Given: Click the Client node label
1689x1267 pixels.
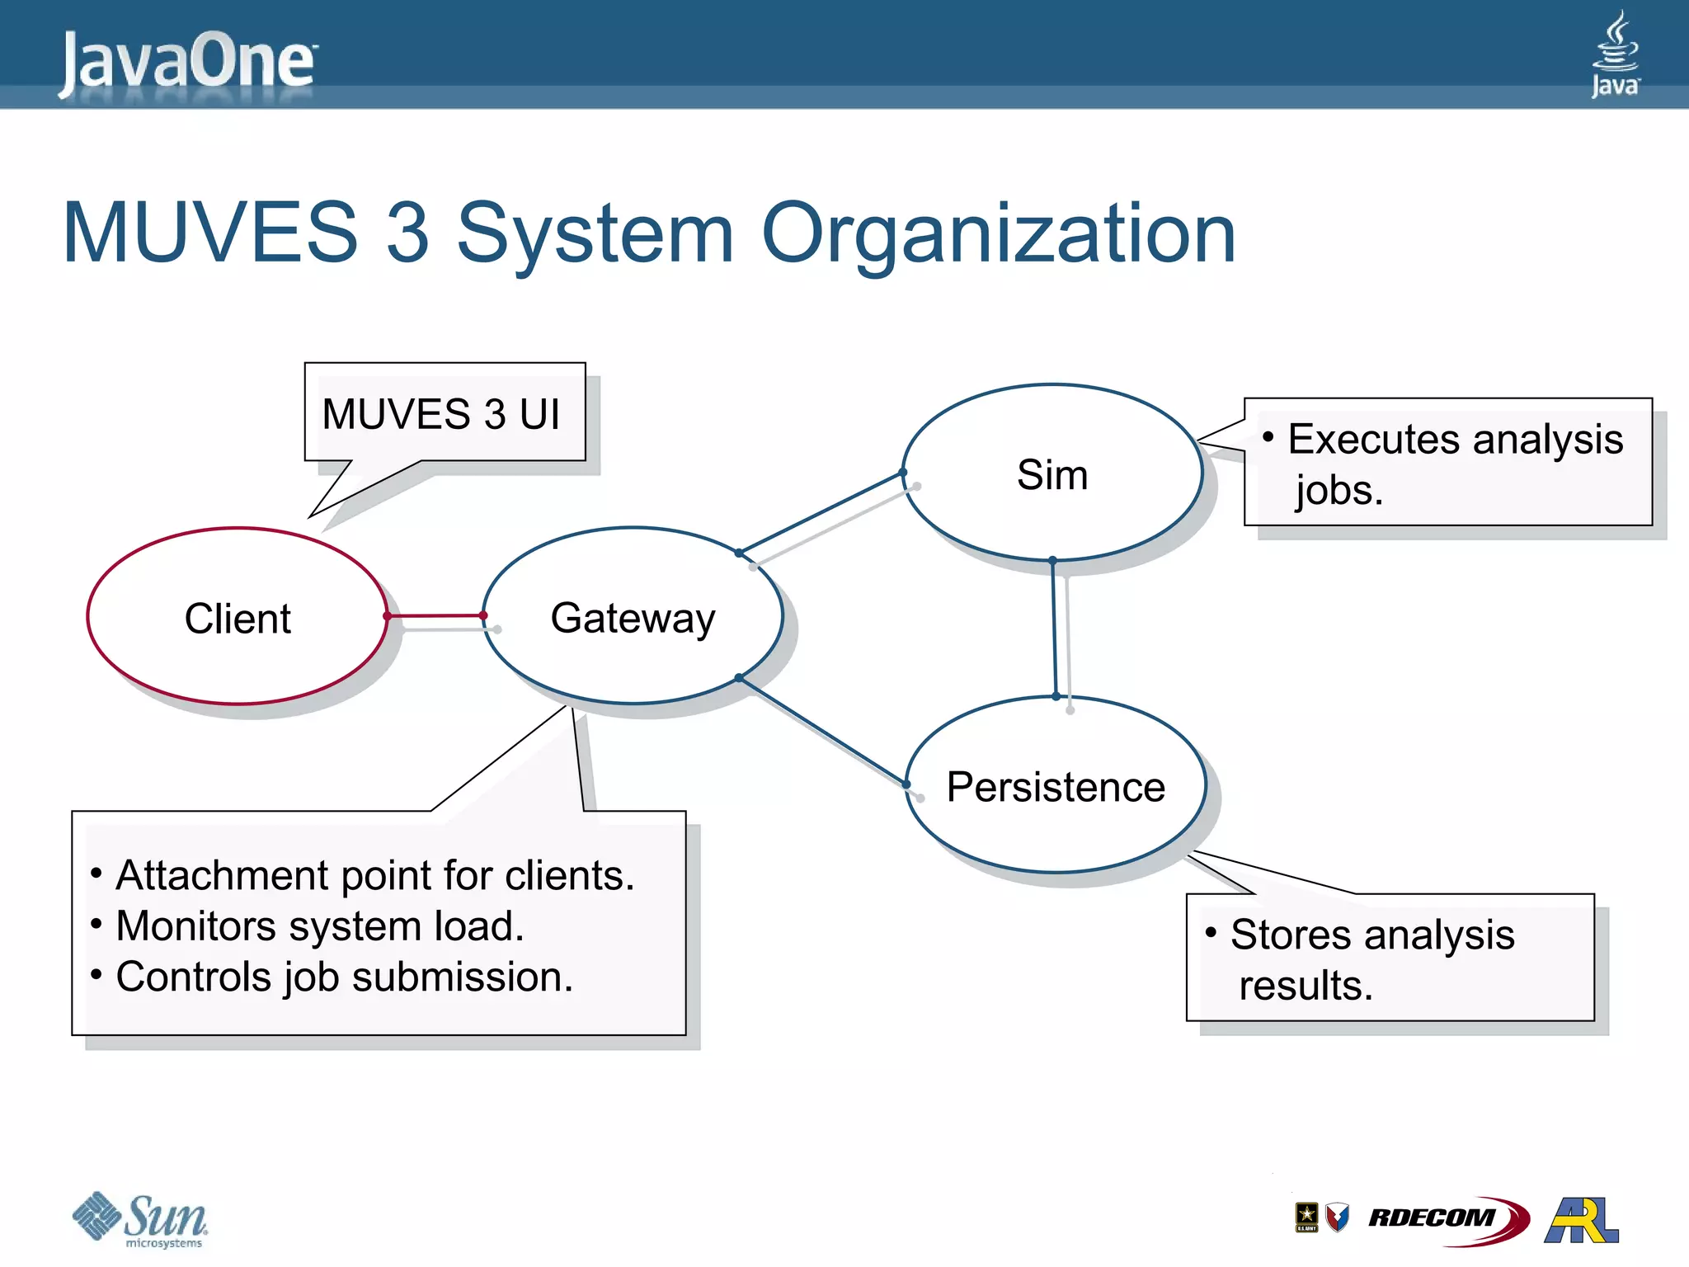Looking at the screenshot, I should pyautogui.click(x=238, y=619).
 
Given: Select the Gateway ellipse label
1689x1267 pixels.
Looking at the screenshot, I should pyautogui.click(x=633, y=618).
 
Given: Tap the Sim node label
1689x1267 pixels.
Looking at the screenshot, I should pyautogui.click(x=1052, y=474).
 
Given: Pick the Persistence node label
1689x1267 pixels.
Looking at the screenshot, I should pyautogui.click(x=1056, y=787).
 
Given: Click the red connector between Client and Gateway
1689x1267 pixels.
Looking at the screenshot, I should pyautogui.click(x=435, y=615).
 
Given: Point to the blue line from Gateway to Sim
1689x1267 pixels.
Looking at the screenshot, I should pyautogui.click(x=821, y=512).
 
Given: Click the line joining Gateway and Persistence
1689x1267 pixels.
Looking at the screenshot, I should pyautogui.click(x=822, y=731).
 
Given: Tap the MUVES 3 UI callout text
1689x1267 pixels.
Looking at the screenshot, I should pyautogui.click(x=441, y=414).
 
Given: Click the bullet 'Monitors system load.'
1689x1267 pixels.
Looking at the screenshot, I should pyautogui.click(x=320, y=926).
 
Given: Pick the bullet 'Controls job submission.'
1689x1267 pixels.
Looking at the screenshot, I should pyautogui.click(x=344, y=977).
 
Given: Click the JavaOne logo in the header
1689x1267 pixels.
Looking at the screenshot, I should pyautogui.click(x=188, y=62).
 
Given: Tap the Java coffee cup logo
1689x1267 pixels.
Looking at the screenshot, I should pyautogui.click(x=1615, y=54).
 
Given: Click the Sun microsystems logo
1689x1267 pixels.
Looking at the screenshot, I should pyautogui.click(x=142, y=1219).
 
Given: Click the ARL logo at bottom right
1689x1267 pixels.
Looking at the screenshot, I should pyautogui.click(x=1581, y=1219).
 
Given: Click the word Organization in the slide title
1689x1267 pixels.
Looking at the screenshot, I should pyautogui.click(x=998, y=234).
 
